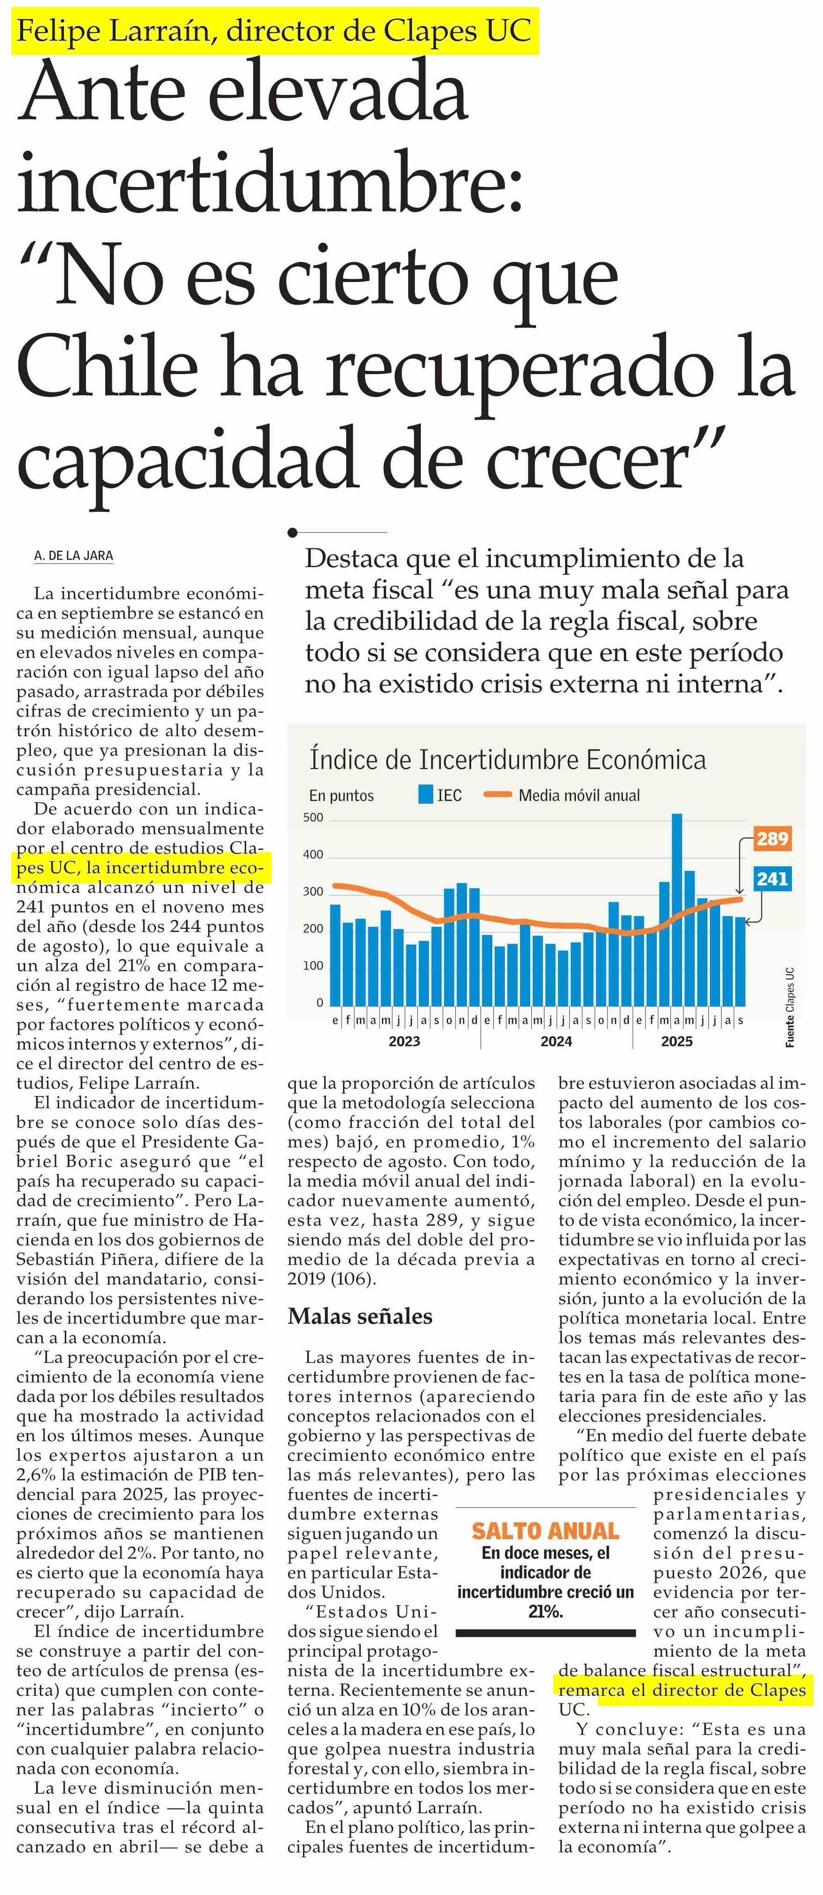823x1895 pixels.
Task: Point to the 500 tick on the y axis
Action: tap(313, 817)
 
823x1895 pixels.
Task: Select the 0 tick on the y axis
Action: tap(319, 1002)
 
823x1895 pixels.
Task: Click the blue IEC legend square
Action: tap(425, 794)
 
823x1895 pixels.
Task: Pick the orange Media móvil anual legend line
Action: tap(497, 794)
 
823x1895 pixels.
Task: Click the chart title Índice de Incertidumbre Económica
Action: tap(507, 759)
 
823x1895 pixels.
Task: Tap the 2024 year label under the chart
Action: tap(556, 1041)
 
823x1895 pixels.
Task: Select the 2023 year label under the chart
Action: tap(404, 1041)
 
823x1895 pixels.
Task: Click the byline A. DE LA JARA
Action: tap(74, 556)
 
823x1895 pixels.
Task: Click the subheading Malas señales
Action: tap(360, 1316)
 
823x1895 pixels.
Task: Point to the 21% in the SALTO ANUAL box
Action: tap(545, 1611)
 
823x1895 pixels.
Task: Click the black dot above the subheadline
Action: tap(293, 532)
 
